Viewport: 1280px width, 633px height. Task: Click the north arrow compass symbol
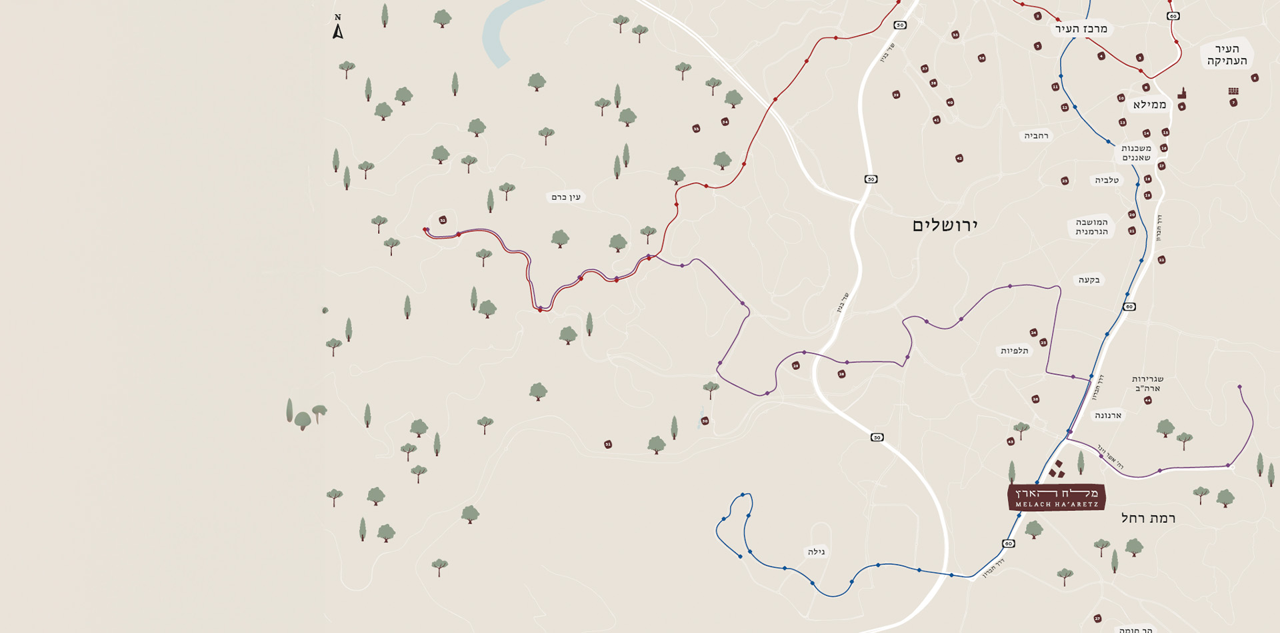tap(338, 27)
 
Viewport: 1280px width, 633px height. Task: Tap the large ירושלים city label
tap(945, 225)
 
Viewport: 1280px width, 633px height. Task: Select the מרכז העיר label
tap(1081, 29)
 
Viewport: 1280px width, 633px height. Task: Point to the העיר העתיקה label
tap(1227, 55)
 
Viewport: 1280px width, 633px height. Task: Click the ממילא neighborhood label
tap(1149, 105)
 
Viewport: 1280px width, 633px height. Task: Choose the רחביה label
tap(1036, 136)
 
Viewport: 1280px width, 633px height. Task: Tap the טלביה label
tap(1107, 180)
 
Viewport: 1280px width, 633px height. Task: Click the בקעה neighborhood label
tap(1089, 280)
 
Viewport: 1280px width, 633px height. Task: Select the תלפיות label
tap(1014, 350)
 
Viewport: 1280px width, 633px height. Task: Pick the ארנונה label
tap(1108, 415)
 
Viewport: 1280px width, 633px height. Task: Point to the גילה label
tap(816, 552)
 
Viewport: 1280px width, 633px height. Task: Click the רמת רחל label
tap(1148, 518)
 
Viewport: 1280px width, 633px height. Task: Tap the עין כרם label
tap(566, 197)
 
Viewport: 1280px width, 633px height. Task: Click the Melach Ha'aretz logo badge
tap(1056, 497)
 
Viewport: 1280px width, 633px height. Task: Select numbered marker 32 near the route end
tap(443, 220)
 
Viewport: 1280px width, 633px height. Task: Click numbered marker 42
tap(959, 159)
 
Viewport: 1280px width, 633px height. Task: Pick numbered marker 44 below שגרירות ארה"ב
tap(1147, 400)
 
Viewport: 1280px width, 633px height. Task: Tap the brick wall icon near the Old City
tap(1233, 91)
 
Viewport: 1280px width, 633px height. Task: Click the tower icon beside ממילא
tap(1182, 93)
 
